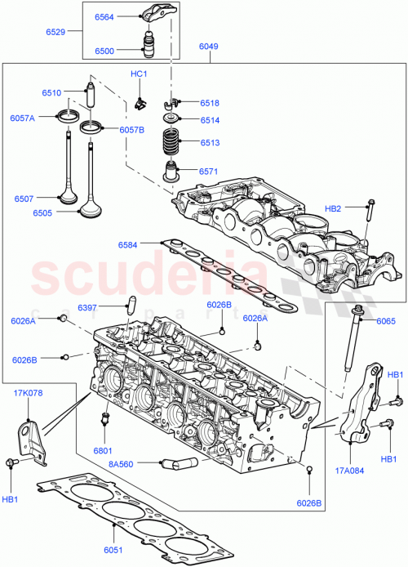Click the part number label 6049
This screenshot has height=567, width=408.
pos(208,47)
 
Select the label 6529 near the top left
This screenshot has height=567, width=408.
pos(55,33)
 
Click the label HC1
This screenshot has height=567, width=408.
pos(139,74)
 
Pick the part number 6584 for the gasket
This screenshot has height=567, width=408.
pos(128,244)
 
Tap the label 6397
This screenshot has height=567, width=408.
pos(88,308)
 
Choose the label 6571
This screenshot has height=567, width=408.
pos(210,171)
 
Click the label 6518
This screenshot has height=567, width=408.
pos(210,103)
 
